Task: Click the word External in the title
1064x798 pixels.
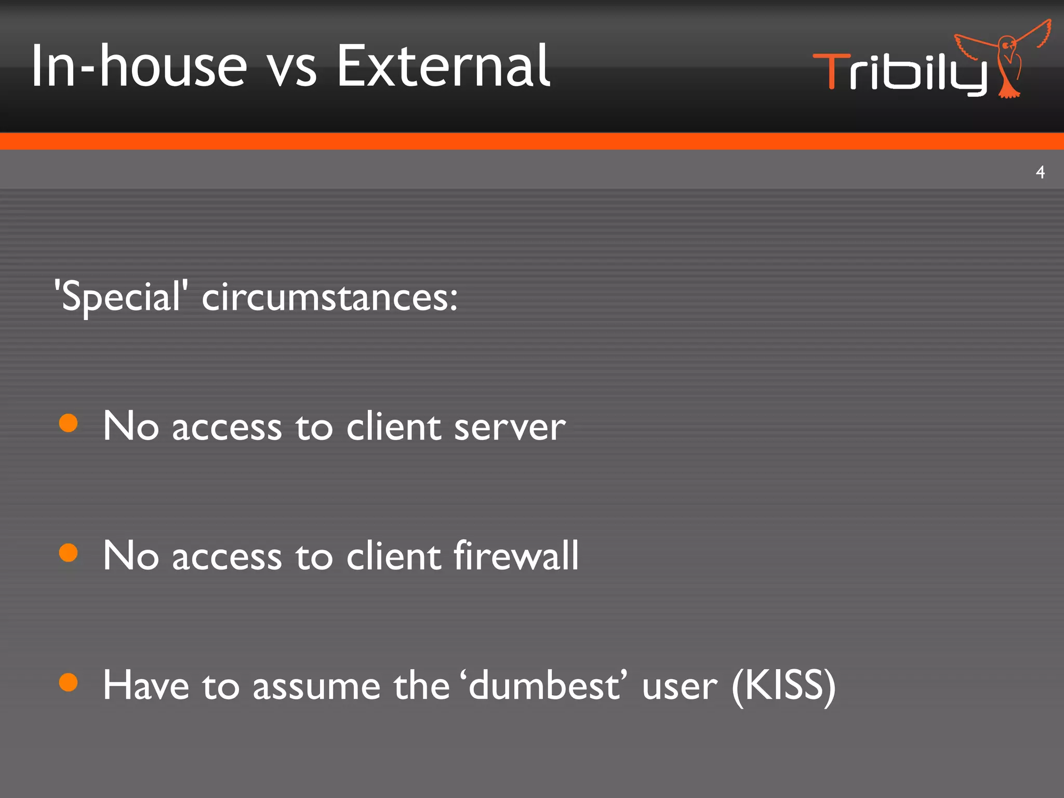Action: tap(443, 66)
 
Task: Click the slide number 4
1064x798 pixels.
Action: tap(1040, 172)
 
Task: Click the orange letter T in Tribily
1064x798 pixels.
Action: tap(831, 71)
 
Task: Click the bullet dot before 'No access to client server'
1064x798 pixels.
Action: tap(69, 423)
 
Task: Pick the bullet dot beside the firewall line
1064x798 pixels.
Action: tap(69, 553)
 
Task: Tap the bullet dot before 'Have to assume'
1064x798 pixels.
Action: tap(69, 682)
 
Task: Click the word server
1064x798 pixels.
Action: tap(510, 427)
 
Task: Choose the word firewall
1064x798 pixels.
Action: tap(516, 555)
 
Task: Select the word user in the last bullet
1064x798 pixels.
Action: tap(680, 687)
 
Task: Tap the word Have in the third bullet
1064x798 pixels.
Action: tap(146, 685)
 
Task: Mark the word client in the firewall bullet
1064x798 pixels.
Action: tap(393, 555)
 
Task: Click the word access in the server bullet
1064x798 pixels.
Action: tap(227, 428)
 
